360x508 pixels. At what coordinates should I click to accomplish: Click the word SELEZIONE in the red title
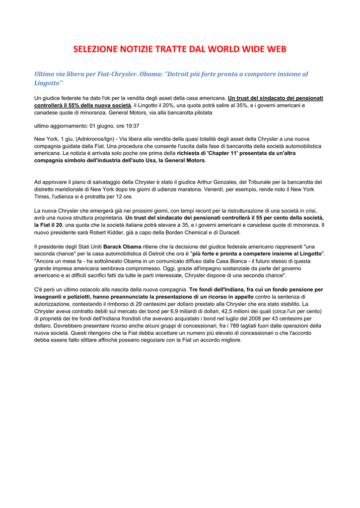(95, 49)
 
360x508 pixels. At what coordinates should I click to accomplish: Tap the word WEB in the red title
(276, 49)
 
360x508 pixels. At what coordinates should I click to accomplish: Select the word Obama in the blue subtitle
(151, 74)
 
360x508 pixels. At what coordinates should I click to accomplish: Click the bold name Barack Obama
(122, 247)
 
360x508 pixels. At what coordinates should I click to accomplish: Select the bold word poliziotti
(85, 297)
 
